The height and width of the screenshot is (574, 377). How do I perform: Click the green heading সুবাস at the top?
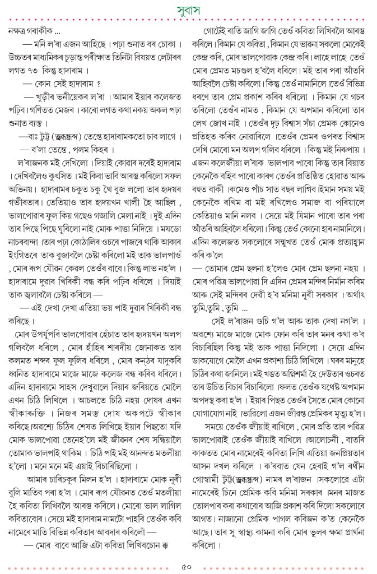tap(188, 10)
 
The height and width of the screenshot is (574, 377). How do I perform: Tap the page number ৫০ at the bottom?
tap(188, 566)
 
